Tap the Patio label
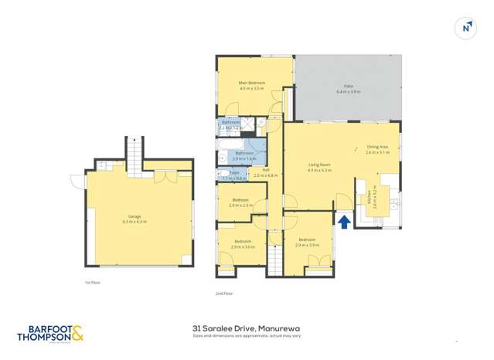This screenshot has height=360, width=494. pyautogui.click(x=349, y=87)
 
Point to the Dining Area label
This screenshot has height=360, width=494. pyautogui.click(x=378, y=147)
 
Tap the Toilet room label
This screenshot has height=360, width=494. pyautogui.click(x=233, y=173)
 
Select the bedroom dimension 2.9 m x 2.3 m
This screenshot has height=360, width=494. pyautogui.click(x=242, y=205)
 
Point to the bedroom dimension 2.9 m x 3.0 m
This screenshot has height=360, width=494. pyautogui.click(x=242, y=246)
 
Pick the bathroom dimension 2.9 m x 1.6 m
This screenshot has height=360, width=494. pyautogui.click(x=244, y=158)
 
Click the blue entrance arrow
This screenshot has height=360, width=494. pyautogui.click(x=342, y=222)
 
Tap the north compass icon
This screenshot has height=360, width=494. pyautogui.click(x=466, y=28)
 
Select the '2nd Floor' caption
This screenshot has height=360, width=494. pyautogui.click(x=225, y=294)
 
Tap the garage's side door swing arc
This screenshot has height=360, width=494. pyautogui.click(x=77, y=182)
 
